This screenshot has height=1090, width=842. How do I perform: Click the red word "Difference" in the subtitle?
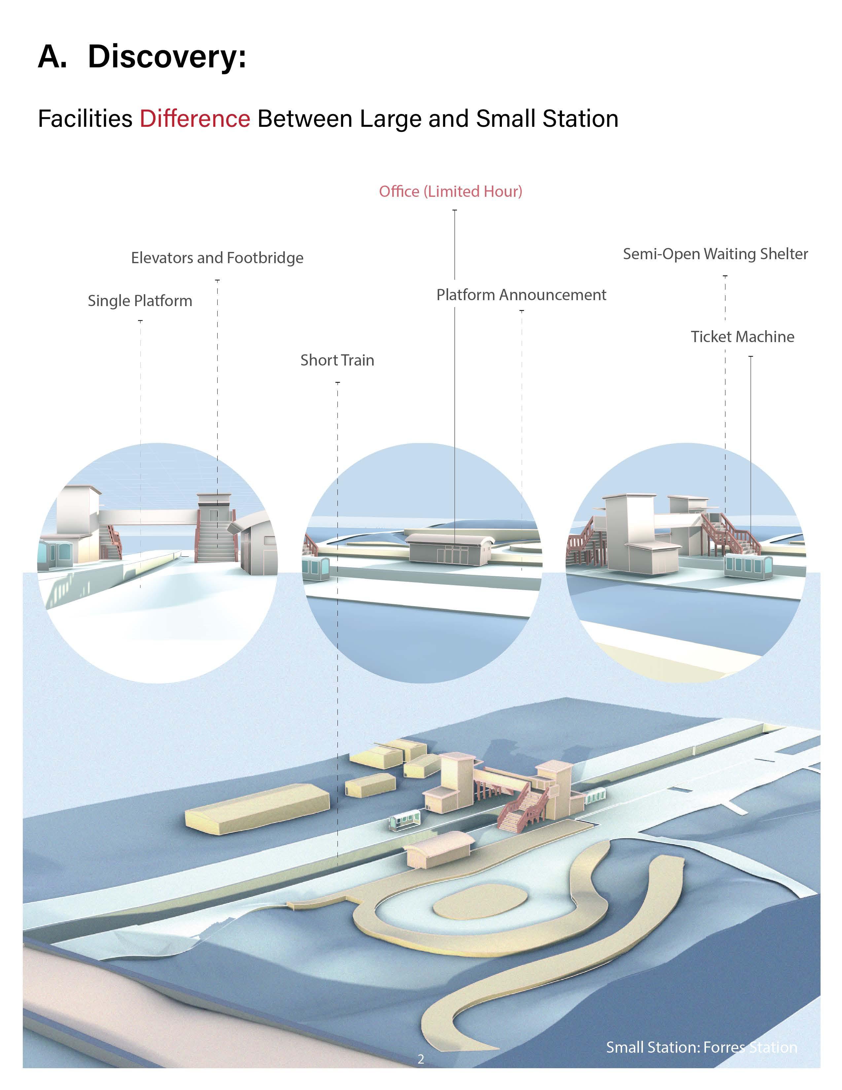point(195,119)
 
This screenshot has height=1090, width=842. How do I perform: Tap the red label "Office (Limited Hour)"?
point(450,192)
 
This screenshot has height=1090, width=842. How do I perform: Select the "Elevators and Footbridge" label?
point(217,258)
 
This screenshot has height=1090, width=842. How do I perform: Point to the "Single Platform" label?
point(140,301)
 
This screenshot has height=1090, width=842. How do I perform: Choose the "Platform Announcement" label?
point(521,295)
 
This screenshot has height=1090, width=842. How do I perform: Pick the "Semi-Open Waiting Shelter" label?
point(715,254)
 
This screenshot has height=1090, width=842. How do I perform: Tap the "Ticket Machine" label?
point(742,337)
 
